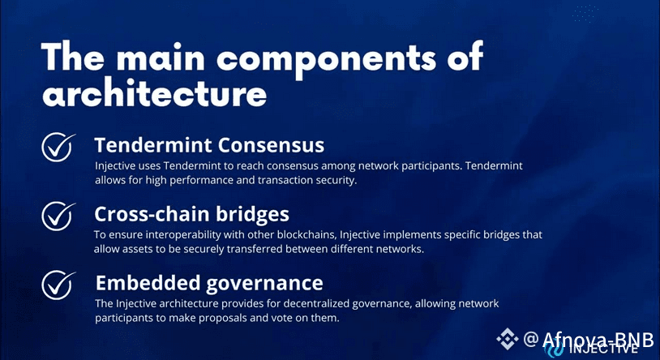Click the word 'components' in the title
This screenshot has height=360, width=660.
click(326, 59)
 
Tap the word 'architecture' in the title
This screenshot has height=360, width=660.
click(155, 92)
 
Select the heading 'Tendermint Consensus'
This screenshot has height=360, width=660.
click(209, 145)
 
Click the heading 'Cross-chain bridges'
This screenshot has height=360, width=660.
click(191, 214)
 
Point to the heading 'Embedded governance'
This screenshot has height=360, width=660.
click(209, 283)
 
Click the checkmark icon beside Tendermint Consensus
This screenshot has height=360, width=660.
click(58, 147)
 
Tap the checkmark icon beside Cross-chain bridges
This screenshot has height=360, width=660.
click(58, 216)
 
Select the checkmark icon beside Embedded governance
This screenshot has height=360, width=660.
click(58, 285)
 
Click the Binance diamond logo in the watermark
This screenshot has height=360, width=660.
click(508, 339)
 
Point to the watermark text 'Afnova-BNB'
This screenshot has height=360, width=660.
click(598, 340)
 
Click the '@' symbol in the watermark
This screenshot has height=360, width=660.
click(531, 339)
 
